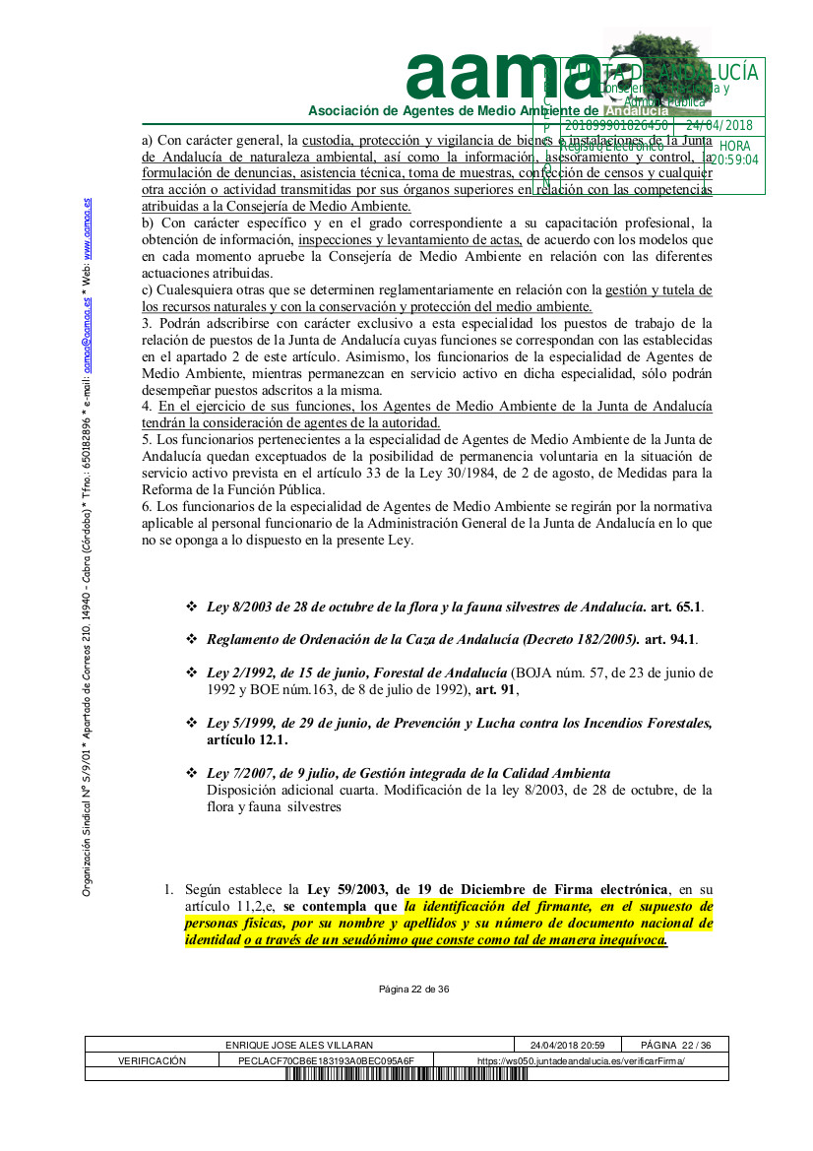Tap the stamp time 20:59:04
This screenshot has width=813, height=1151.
point(734,160)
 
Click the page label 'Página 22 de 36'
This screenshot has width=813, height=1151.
point(414,989)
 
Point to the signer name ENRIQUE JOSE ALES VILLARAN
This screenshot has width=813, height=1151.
point(299,1045)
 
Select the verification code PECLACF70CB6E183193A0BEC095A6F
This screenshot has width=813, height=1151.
point(326,1060)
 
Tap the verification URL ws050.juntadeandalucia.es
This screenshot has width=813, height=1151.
point(581,1060)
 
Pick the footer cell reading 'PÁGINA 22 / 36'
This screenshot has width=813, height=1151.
point(675,1045)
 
